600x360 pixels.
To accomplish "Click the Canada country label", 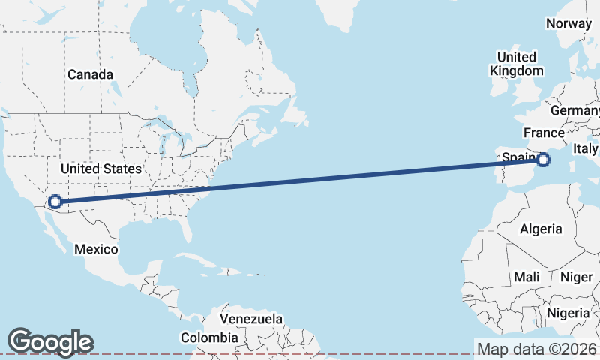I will click(x=90, y=75).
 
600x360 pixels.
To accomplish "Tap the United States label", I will click(x=100, y=169).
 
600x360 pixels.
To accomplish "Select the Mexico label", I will click(x=96, y=249).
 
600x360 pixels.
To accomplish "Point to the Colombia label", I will click(x=209, y=338).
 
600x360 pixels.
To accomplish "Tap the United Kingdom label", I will click(x=517, y=64).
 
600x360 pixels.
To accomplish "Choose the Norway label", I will click(x=568, y=23).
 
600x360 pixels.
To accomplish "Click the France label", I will click(x=544, y=133).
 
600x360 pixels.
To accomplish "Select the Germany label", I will click(x=576, y=111).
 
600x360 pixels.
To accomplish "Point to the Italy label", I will click(x=585, y=149).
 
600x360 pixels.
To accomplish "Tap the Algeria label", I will click(x=540, y=229).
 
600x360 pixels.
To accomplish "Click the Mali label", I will click(x=526, y=277).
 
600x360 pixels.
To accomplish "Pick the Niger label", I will click(x=577, y=277).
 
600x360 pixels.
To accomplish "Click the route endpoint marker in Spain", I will click(x=544, y=159).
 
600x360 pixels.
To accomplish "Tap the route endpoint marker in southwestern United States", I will click(x=55, y=201).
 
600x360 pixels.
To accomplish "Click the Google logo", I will click(x=50, y=342).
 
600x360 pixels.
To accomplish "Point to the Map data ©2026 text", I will click(x=536, y=349).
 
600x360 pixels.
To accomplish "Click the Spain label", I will click(x=516, y=158).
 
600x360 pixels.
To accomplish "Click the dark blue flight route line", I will click(x=300, y=180).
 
